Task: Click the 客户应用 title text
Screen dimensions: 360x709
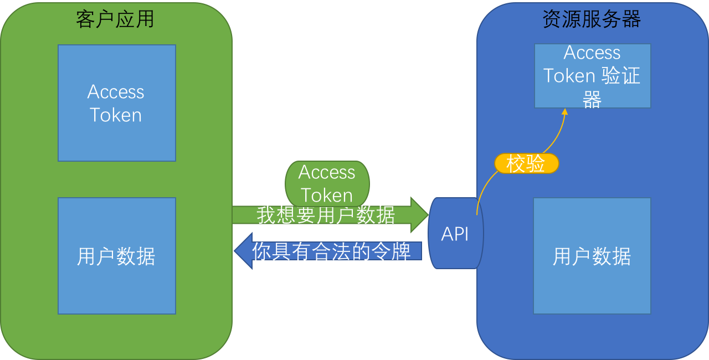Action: [x=115, y=19]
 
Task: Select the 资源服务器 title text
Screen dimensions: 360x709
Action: [x=592, y=19]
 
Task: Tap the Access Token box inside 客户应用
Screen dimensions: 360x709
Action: [x=116, y=103]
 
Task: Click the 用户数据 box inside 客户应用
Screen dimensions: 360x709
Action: [x=116, y=256]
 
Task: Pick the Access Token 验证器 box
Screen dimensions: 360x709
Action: [x=592, y=76]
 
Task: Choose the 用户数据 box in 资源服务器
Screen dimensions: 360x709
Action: [x=592, y=256]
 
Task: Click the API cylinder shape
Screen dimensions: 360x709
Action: [x=455, y=234]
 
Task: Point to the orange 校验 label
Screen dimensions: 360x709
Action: [x=526, y=164]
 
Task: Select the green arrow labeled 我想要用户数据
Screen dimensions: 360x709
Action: [x=327, y=215]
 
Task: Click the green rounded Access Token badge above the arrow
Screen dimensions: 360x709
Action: [x=327, y=183]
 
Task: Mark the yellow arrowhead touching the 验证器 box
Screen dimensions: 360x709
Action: [x=564, y=112]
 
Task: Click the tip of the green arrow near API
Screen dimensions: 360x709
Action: [x=427, y=214]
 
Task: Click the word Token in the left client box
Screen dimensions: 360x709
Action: [x=116, y=115]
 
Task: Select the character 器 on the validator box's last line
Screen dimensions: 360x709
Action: [x=592, y=99]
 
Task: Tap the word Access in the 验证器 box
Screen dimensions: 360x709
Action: [x=592, y=53]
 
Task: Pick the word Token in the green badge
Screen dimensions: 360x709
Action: [x=327, y=196]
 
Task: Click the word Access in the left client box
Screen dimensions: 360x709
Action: [x=116, y=92]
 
